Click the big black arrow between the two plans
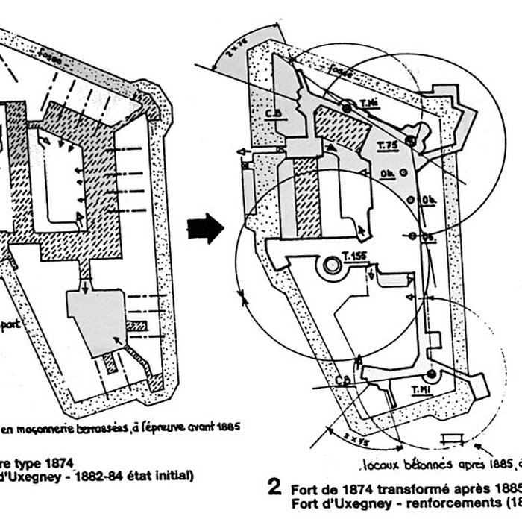pos(205,228)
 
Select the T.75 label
pos(387,145)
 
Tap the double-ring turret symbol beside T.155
pos(328,266)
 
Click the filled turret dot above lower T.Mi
pos(431,373)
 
